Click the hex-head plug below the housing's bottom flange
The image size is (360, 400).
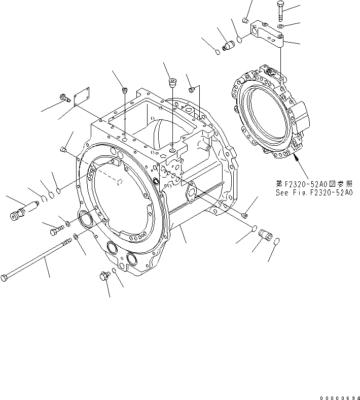coord(104,276)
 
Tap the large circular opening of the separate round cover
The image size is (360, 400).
coord(268,112)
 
